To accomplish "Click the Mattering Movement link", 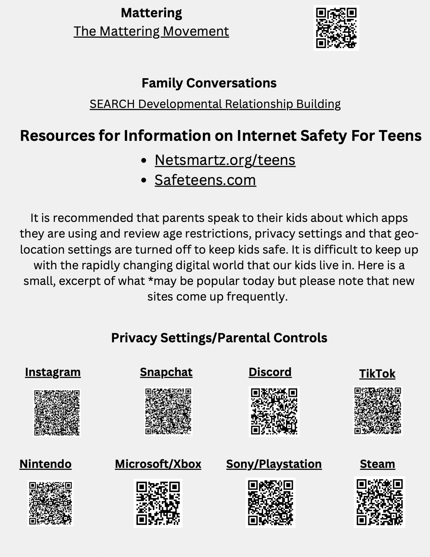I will pyautogui.click(x=151, y=31).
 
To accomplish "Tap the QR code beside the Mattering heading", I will pyautogui.click(x=336, y=28).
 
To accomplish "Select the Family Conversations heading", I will pyautogui.click(x=209, y=83).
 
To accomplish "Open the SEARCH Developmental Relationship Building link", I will pyautogui.click(x=215, y=104).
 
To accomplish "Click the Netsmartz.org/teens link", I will pyautogui.click(x=225, y=160).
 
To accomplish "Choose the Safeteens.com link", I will pyautogui.click(x=205, y=180).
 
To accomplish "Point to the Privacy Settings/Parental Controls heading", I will pyautogui.click(x=219, y=338).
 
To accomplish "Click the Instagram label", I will pyautogui.click(x=53, y=372).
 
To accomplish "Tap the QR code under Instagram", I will pyautogui.click(x=57, y=413).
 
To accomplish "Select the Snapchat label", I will pyautogui.click(x=166, y=372).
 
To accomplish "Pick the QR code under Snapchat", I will pyautogui.click(x=168, y=411).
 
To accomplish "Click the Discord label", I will pyautogui.click(x=270, y=372).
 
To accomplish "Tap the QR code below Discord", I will pyautogui.click(x=274, y=411).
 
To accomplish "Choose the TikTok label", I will pyautogui.click(x=377, y=374).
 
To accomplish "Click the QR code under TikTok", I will pyautogui.click(x=377, y=411).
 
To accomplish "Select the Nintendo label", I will pyautogui.click(x=45, y=464).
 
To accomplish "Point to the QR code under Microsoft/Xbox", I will pyautogui.click(x=158, y=503).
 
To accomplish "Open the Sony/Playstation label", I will pyautogui.click(x=274, y=464).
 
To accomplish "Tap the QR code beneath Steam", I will pyautogui.click(x=379, y=502).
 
